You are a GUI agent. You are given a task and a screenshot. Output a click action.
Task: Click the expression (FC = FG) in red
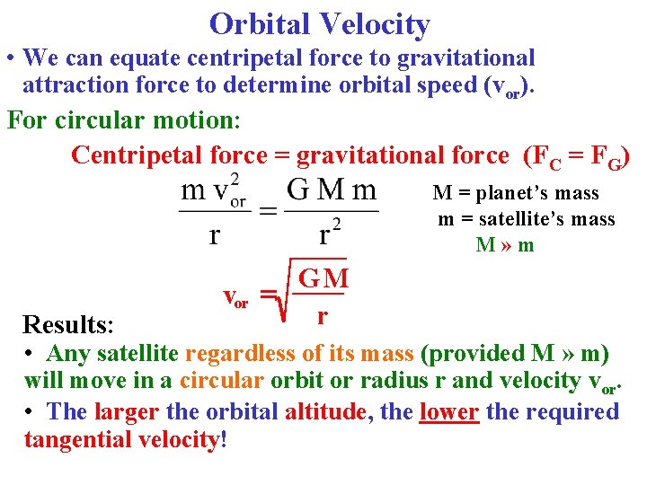(x=576, y=155)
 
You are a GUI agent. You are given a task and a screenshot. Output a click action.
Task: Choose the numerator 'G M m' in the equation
(x=332, y=190)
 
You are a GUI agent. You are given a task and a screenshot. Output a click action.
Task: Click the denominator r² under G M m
(x=331, y=234)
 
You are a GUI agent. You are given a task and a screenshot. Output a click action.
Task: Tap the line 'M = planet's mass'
(x=516, y=193)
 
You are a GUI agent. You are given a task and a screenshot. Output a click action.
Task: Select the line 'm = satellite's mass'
(x=527, y=219)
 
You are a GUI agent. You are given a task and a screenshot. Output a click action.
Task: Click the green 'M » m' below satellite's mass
(x=505, y=244)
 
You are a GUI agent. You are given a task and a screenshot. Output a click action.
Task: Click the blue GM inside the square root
(x=323, y=278)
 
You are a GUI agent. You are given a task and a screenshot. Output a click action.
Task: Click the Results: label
(x=62, y=323)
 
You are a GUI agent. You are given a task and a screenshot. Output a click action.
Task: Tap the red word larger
(x=126, y=411)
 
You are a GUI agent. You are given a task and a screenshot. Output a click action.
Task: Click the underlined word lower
(x=448, y=411)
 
